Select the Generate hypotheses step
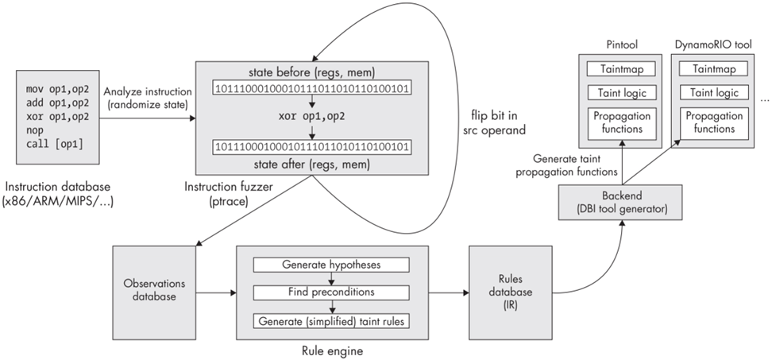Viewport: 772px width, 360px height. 330,264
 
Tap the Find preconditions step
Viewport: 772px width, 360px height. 330,292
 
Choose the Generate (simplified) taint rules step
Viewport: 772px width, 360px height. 330,321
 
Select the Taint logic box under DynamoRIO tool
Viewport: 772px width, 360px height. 715,93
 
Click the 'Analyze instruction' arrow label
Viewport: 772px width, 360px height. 144,96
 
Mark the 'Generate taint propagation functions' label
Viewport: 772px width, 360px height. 566,165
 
